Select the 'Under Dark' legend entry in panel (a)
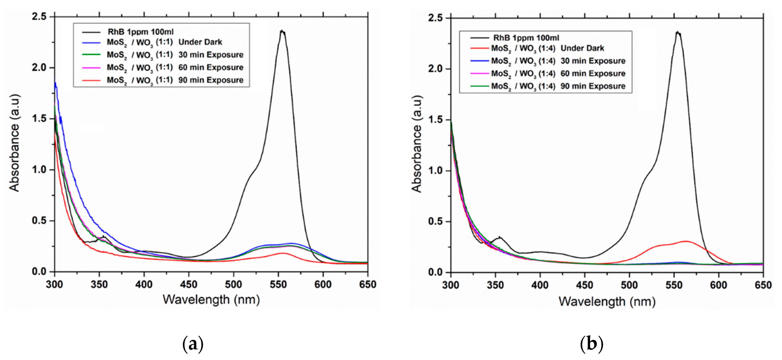[x=164, y=42]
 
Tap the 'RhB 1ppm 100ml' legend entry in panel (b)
[x=526, y=38]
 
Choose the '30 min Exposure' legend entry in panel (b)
[x=558, y=61]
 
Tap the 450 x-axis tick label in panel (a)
[x=188, y=284]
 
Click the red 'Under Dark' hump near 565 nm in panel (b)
[x=686, y=242]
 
